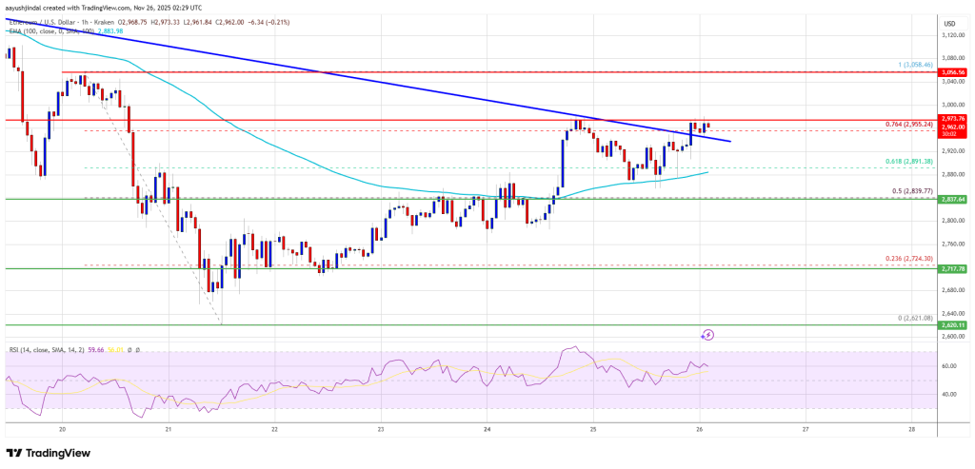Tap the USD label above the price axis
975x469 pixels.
click(948, 23)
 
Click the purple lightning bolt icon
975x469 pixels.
click(707, 335)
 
